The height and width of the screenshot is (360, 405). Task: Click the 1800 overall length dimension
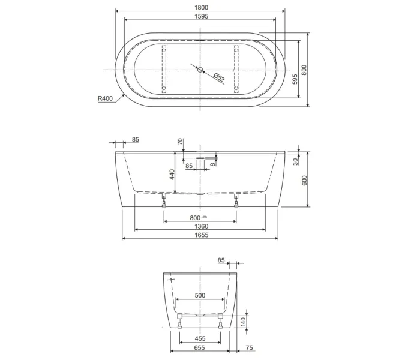coord(201,7)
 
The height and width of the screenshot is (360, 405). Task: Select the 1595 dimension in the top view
coord(201,16)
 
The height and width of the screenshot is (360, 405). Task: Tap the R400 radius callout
coord(105,98)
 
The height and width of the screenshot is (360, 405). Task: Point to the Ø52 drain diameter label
coord(219,78)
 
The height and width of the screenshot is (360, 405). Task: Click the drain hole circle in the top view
coord(200,70)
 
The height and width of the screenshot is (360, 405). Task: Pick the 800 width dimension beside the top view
coord(304,70)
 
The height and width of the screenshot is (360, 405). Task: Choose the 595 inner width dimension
coord(295,79)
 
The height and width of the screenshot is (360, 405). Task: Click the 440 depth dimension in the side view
coord(172,175)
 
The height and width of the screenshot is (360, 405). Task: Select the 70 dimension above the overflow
coord(180,142)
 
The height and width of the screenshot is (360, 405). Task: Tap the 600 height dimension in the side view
coord(304,180)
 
